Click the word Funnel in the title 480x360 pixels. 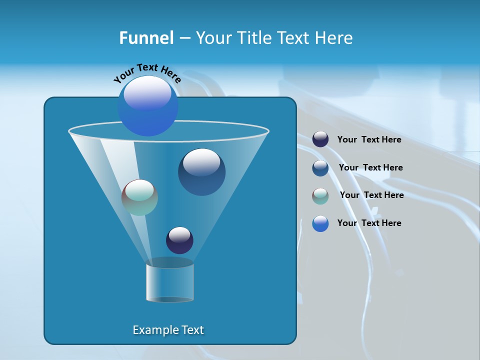coord(146,38)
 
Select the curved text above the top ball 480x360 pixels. coord(147,73)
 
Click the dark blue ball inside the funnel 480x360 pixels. coord(201,172)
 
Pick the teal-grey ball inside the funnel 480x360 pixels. coord(139,197)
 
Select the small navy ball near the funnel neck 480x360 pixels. coord(179,240)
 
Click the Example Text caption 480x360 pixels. coord(168,330)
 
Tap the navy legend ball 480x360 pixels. coord(320,139)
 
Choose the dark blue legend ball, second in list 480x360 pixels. coord(320,167)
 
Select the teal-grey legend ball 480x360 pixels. coord(320,195)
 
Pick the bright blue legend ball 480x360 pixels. coord(320,223)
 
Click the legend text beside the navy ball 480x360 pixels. coord(369,140)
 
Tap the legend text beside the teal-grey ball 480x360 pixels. coord(371,195)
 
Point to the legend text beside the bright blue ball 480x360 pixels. coord(369,223)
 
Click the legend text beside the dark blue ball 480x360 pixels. coord(370,167)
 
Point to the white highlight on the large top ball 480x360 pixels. coord(147,92)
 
